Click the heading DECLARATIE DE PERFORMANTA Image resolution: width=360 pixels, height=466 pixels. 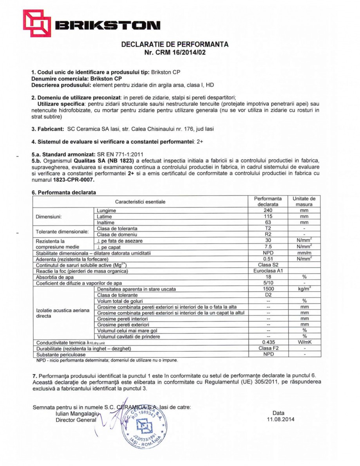[175, 44]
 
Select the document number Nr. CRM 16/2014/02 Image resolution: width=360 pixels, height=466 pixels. [175, 52]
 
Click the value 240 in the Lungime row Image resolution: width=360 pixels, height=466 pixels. [268, 210]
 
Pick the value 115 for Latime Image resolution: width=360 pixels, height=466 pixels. [268, 217]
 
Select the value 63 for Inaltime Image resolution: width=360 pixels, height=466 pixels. [268, 222]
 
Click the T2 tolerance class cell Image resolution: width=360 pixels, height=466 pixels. [268, 228]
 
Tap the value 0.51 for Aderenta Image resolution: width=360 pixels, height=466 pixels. [268, 259]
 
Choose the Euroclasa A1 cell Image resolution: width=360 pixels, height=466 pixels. [268, 271]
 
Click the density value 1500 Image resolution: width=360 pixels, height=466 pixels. [268, 289]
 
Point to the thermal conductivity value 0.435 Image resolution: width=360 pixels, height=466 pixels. [268, 342]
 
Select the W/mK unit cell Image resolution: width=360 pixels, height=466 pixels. [304, 342]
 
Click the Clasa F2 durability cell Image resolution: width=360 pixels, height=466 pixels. [268, 348]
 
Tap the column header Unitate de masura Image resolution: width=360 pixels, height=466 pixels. [304, 201]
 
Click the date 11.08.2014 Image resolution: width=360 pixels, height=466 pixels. [279, 420]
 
